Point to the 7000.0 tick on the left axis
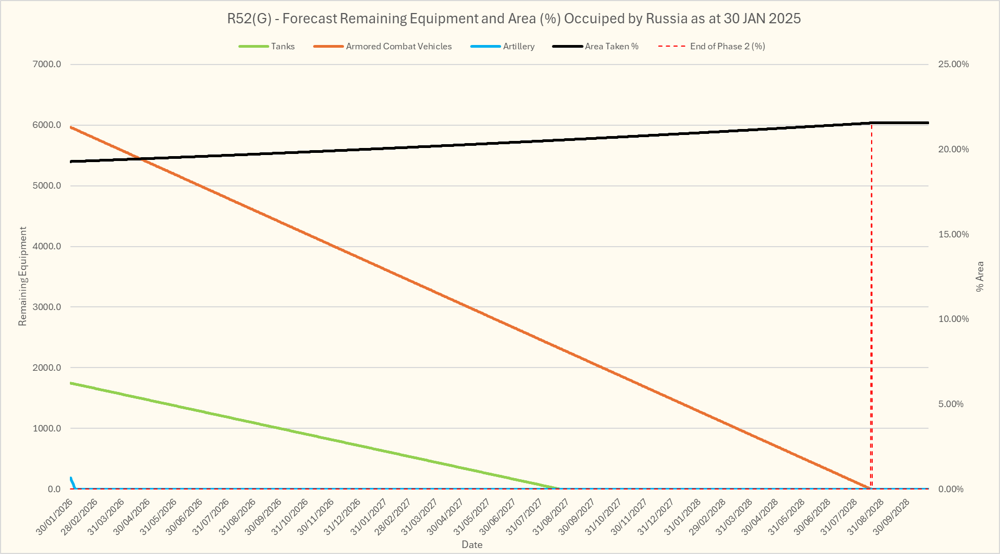(47, 65)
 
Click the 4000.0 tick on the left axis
(47, 247)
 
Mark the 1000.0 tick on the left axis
(47, 429)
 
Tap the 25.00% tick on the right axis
(953, 65)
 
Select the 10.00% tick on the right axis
(953, 319)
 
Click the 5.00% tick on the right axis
(951, 404)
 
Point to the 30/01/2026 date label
(54, 518)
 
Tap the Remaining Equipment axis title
(22, 276)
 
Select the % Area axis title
(980, 276)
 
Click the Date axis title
(472, 545)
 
